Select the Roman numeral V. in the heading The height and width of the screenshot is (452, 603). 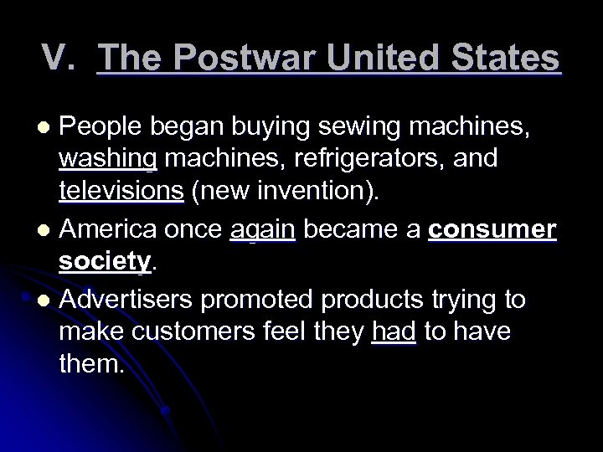63,59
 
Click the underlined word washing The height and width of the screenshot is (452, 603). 108,159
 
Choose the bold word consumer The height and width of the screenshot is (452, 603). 492,229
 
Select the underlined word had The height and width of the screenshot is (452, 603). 394,333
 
